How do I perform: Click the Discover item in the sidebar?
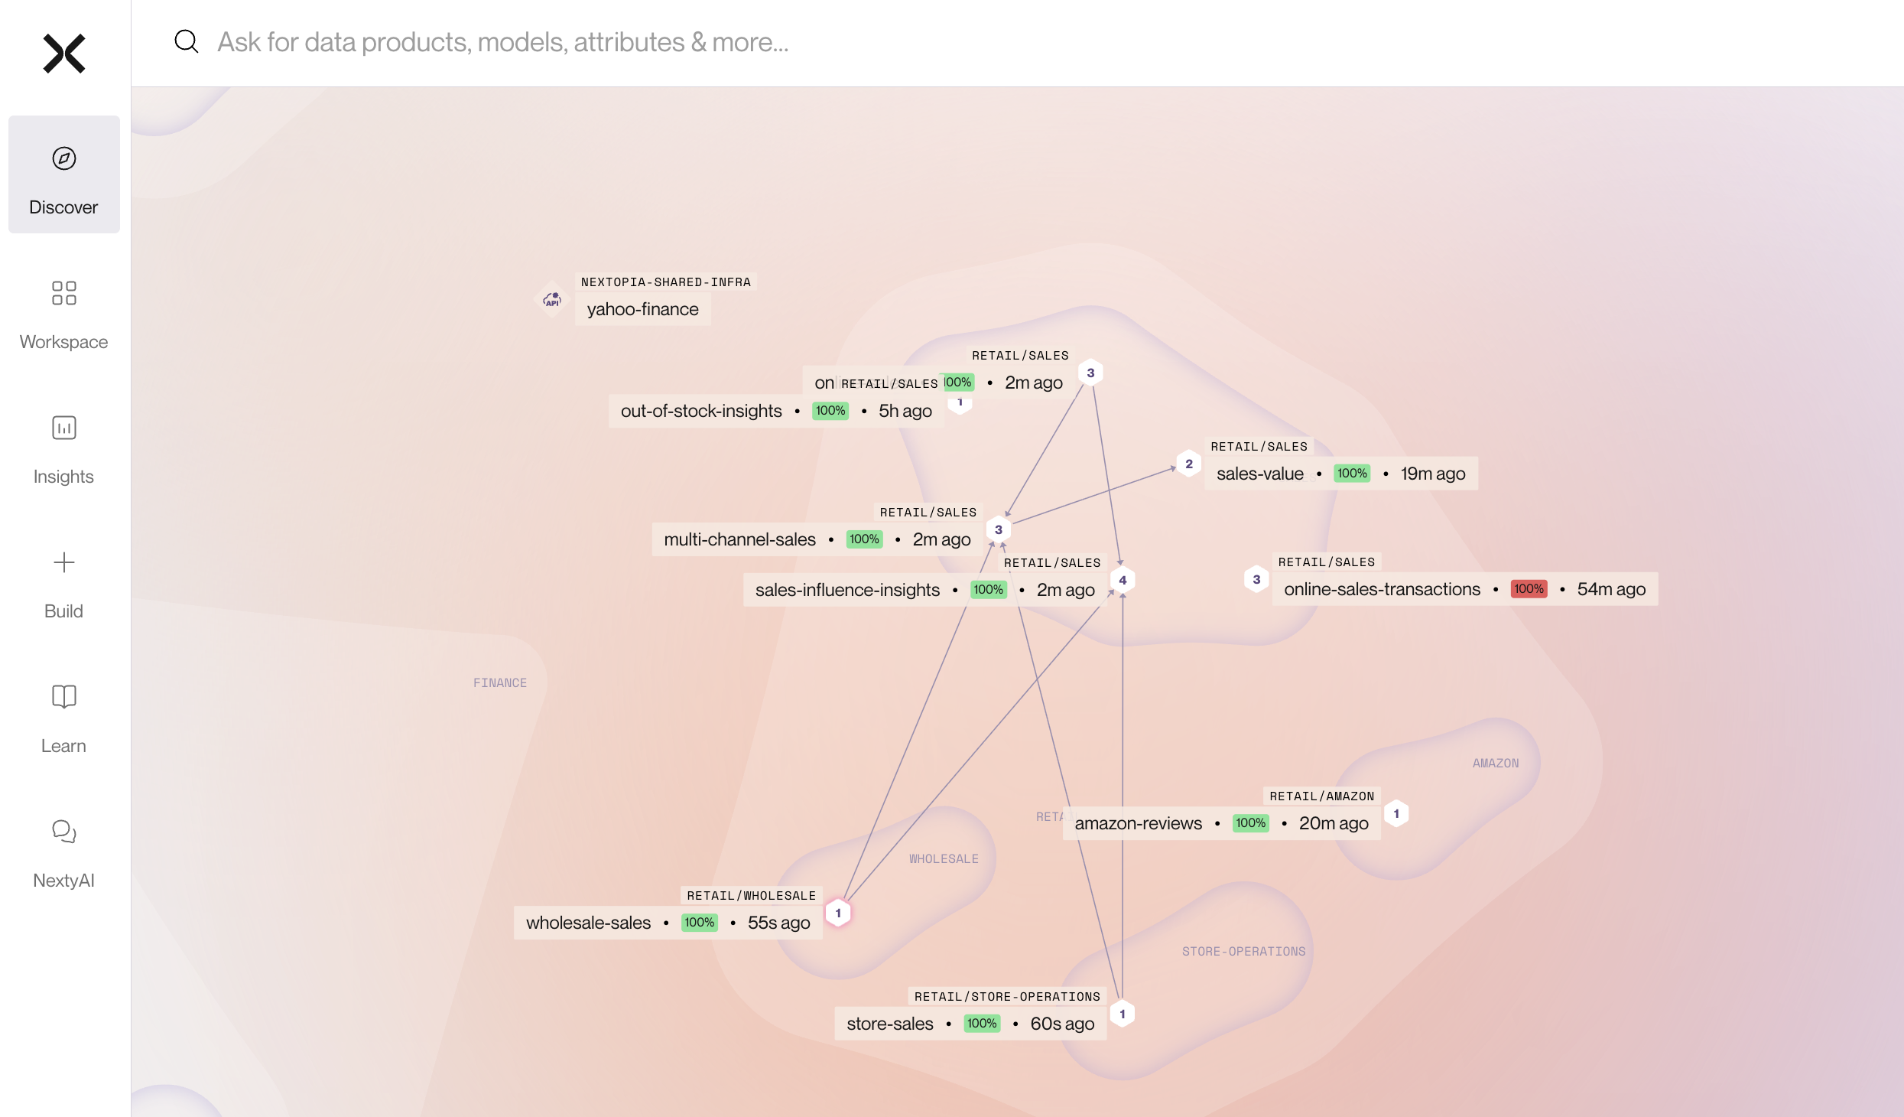64,174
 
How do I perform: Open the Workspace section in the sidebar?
64,314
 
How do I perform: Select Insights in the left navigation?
64,448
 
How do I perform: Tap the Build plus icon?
64,563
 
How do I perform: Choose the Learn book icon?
64,696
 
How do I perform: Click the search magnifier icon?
187,41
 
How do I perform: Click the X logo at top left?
64,54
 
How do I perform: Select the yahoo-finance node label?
642,309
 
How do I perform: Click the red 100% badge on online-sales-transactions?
1529,589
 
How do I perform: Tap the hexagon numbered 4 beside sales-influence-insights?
1123,581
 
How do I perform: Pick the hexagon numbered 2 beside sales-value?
1189,464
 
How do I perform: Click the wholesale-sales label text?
588,923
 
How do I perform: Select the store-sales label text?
889,1024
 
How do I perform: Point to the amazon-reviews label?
1138,823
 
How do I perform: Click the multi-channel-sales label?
739,539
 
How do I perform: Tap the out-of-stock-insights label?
701,411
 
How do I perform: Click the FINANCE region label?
500,683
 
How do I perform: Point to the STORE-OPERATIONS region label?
1243,952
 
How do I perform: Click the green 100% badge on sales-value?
1352,474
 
